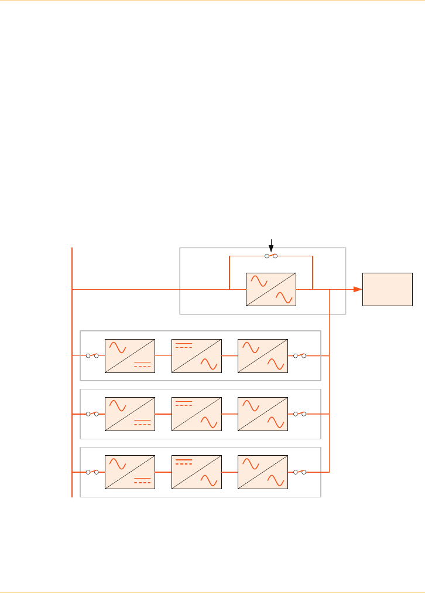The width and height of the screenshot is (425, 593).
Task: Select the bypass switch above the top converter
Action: pyautogui.click(x=270, y=256)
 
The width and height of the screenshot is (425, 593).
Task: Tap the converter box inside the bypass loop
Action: pyautogui.click(x=272, y=289)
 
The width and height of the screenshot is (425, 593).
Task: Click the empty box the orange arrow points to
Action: pyautogui.click(x=388, y=289)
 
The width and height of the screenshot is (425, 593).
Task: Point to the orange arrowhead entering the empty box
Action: pyautogui.click(x=357, y=289)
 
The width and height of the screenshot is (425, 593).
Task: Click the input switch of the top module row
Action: pyautogui.click(x=92, y=355)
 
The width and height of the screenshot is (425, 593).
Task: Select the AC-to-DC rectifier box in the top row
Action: pyautogui.click(x=130, y=355)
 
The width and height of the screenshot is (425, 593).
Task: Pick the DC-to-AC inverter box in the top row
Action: pyautogui.click(x=197, y=355)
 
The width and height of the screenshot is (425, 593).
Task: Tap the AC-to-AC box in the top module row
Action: pyautogui.click(x=263, y=355)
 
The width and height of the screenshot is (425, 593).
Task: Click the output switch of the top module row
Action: pyautogui.click(x=300, y=355)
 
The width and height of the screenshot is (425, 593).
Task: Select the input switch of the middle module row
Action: pyautogui.click(x=92, y=414)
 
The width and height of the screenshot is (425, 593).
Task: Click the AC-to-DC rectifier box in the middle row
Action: pyautogui.click(x=130, y=414)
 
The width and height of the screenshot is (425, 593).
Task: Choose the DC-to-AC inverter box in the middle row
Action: pyautogui.click(x=197, y=414)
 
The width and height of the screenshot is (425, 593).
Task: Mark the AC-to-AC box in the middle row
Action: pyautogui.click(x=263, y=414)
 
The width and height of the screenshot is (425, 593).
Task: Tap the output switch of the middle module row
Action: pyautogui.click(x=300, y=414)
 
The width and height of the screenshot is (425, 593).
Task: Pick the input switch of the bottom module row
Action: pyautogui.click(x=92, y=472)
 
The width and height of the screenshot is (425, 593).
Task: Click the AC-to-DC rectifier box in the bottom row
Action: pyautogui.click(x=130, y=472)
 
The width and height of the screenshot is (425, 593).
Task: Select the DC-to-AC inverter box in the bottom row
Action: pyautogui.click(x=197, y=472)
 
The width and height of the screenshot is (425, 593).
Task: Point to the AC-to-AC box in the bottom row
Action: pyautogui.click(x=263, y=472)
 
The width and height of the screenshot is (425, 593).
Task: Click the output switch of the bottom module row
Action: pyautogui.click(x=300, y=472)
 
